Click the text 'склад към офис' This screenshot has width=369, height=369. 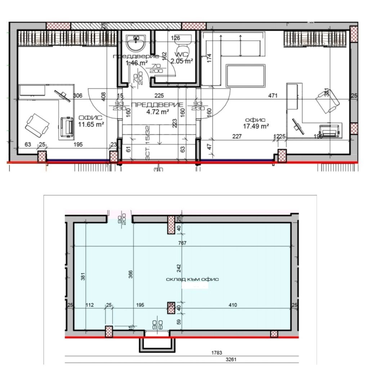[192, 279]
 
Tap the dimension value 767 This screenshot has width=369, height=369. [182, 243]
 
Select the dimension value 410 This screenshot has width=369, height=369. [233, 305]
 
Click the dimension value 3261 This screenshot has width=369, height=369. [231, 359]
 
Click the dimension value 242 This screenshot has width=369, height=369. [179, 268]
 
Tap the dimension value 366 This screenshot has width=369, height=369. [131, 274]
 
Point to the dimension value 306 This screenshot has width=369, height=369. [77, 95]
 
